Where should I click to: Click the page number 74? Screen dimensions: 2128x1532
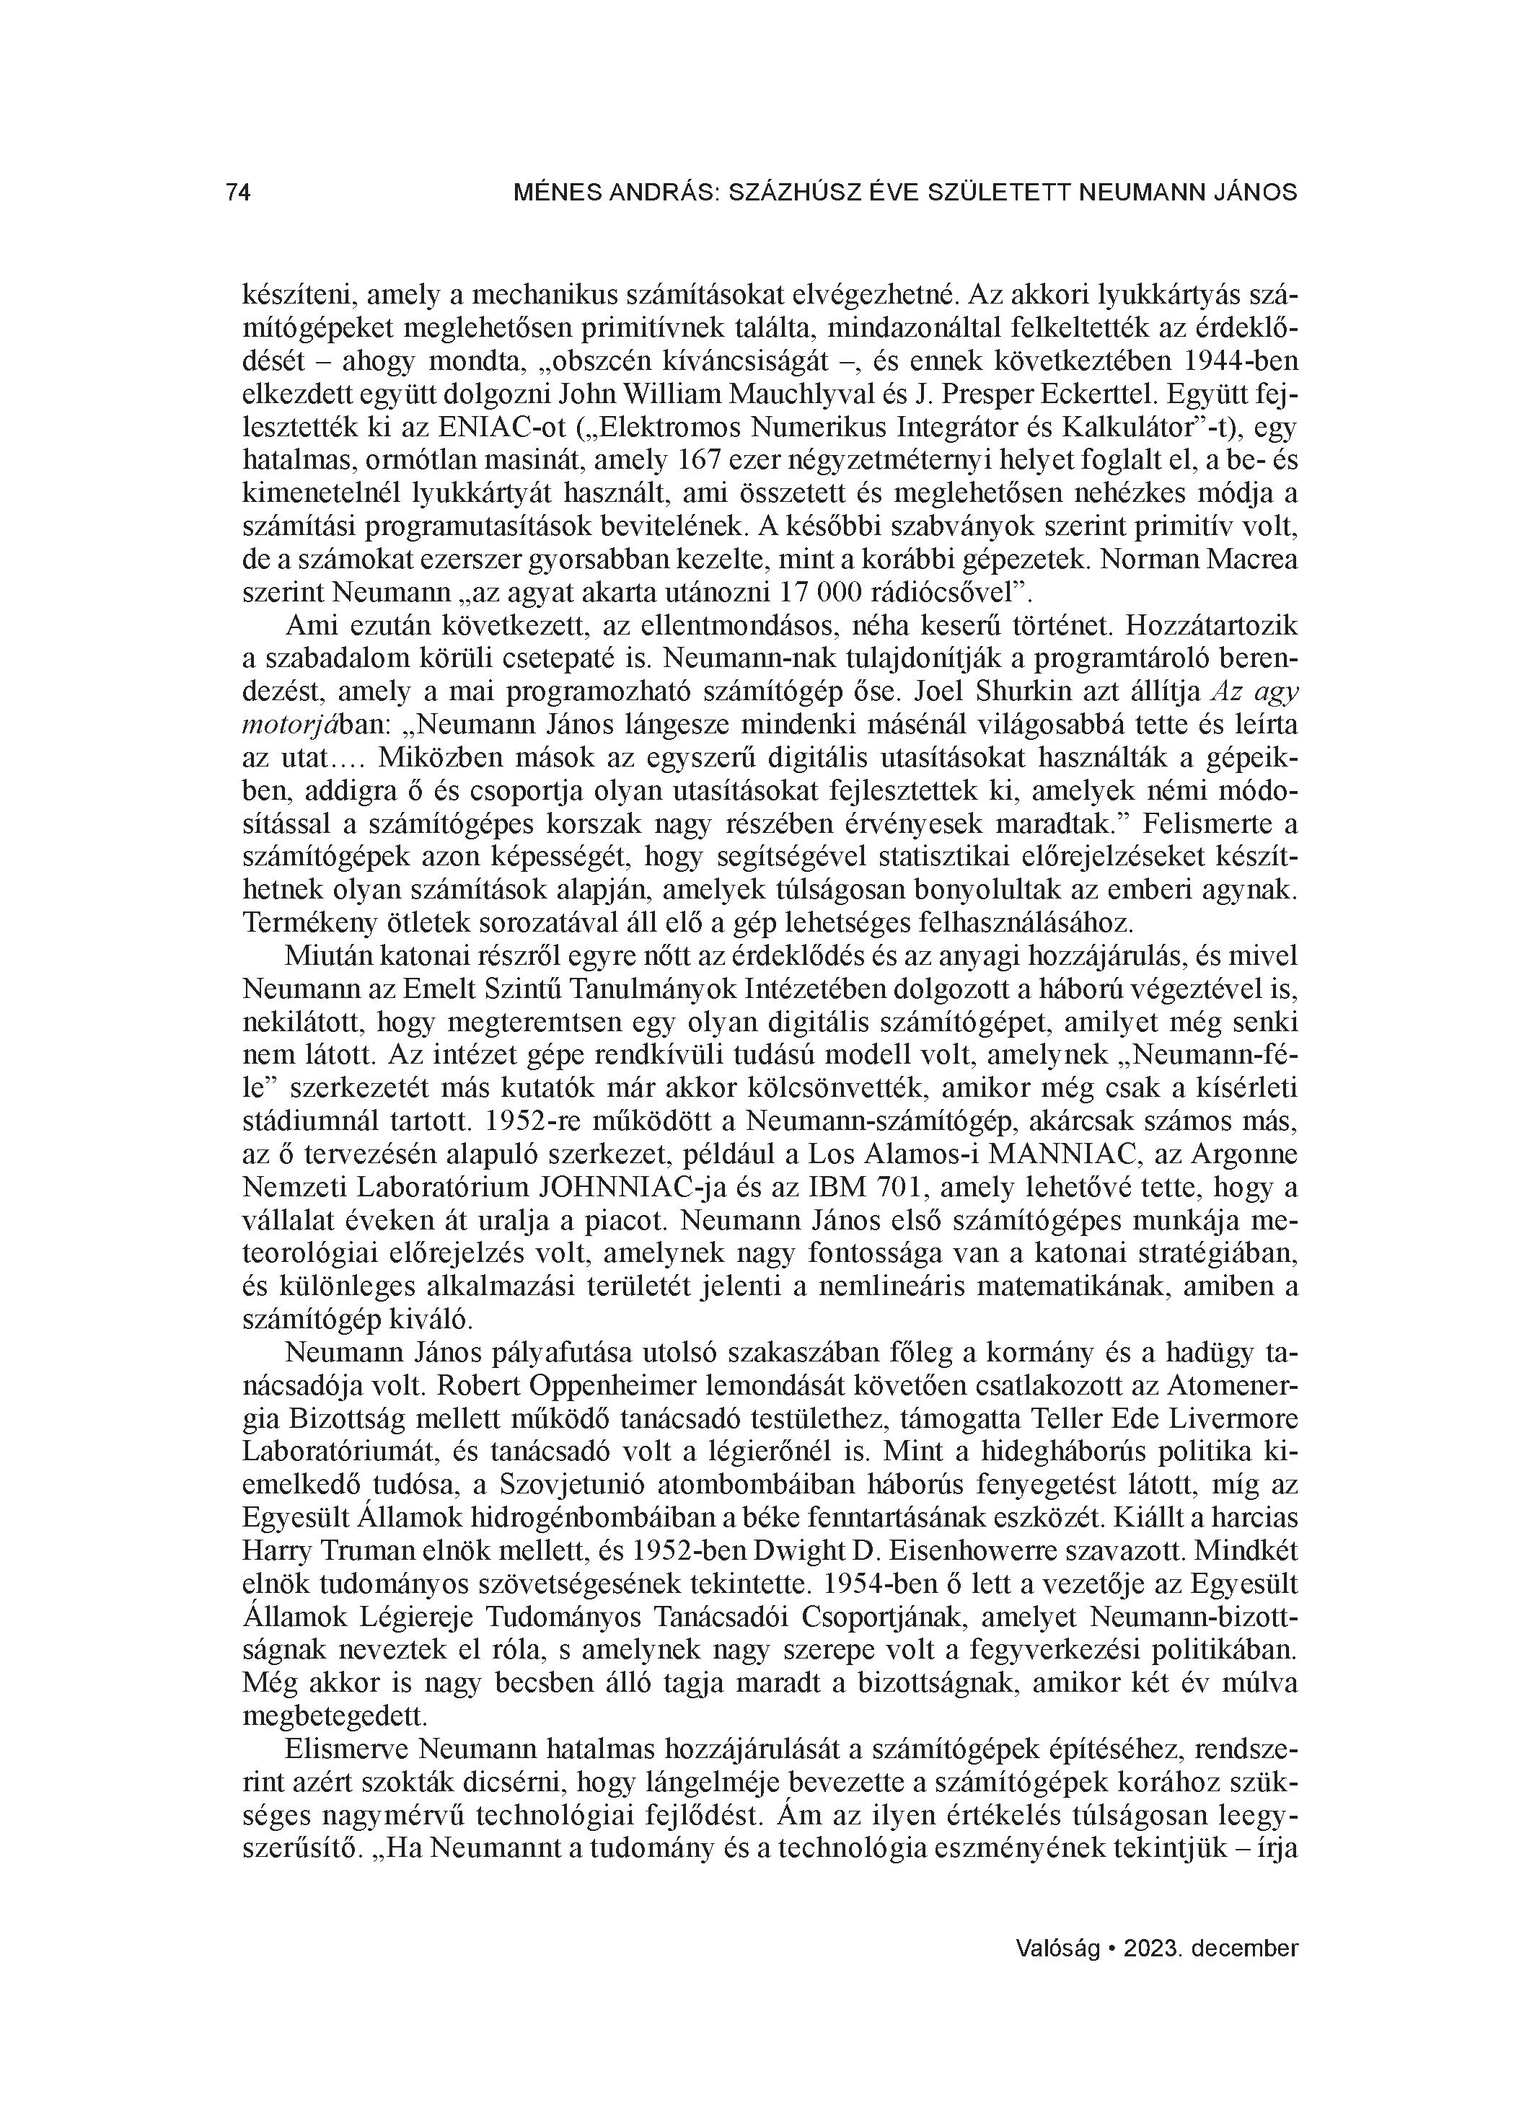coord(239,193)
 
